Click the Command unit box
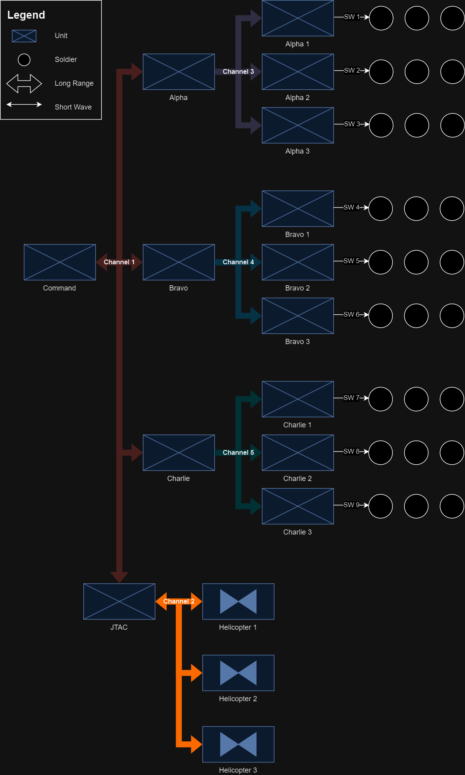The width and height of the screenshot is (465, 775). (x=60, y=262)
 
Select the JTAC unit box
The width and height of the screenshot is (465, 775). (x=119, y=601)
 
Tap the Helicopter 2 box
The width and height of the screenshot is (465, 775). (x=238, y=673)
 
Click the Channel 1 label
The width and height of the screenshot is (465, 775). (x=119, y=262)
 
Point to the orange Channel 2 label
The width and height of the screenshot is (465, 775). (x=179, y=601)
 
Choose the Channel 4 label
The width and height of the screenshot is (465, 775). (x=238, y=262)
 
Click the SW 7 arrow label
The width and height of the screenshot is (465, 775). (x=352, y=398)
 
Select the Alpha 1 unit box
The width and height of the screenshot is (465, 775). (x=298, y=18)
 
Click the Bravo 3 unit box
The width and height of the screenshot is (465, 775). (x=298, y=316)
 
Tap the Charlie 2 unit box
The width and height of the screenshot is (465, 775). (x=298, y=453)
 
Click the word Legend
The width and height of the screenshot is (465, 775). (x=26, y=15)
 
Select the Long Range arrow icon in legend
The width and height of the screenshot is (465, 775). (x=24, y=83)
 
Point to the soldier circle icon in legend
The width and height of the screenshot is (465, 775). (x=24, y=60)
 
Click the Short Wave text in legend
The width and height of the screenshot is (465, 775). (x=73, y=107)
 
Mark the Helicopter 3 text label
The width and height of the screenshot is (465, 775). (x=238, y=770)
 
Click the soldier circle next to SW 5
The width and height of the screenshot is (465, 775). (x=380, y=262)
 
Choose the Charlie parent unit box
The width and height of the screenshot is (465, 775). (x=179, y=453)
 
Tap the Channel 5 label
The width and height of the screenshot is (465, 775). (x=238, y=452)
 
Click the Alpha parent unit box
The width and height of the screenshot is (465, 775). (x=179, y=72)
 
